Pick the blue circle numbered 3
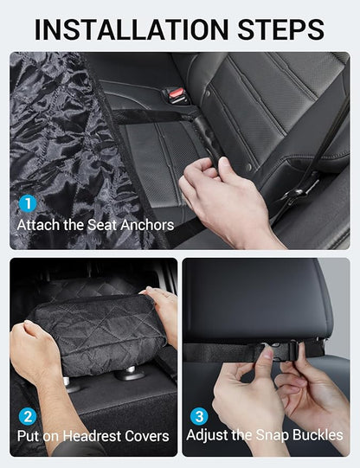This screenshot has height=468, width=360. tap(198, 415)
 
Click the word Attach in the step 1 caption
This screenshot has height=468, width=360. tap(40, 225)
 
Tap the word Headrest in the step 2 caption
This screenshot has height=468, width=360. tap(93, 435)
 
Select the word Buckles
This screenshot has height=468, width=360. tap(318, 435)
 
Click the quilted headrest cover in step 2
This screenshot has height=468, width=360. tap(95, 333)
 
